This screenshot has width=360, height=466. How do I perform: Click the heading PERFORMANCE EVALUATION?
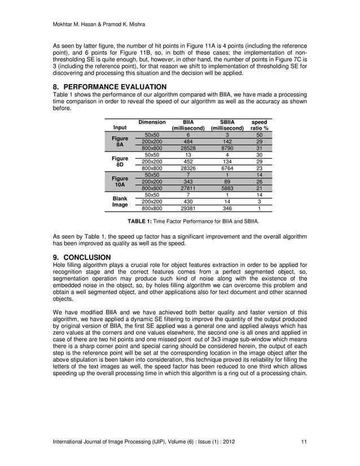coord(109,86)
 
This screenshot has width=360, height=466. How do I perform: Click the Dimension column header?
coord(152,122)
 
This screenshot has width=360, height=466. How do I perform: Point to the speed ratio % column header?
coord(259,125)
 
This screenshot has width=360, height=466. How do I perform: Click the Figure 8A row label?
coord(119,141)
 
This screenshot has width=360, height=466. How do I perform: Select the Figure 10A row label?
coord(119,182)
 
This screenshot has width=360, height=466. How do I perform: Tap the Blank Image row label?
coord(119,202)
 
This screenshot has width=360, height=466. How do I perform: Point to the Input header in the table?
coord(119,128)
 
